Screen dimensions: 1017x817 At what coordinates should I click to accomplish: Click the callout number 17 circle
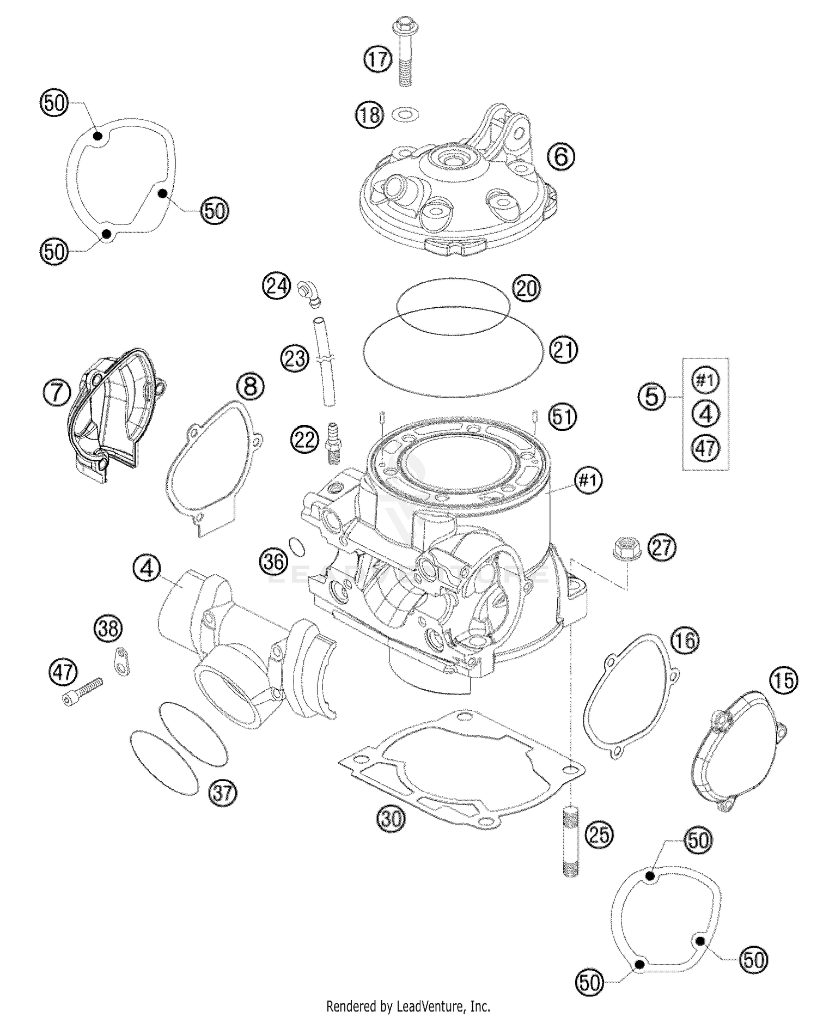[x=379, y=58]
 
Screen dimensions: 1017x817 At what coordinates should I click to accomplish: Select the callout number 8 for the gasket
[x=250, y=387]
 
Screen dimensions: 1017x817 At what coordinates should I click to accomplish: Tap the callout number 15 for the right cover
[x=783, y=680]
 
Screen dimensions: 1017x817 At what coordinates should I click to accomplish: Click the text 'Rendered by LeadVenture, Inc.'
[x=408, y=1006]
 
